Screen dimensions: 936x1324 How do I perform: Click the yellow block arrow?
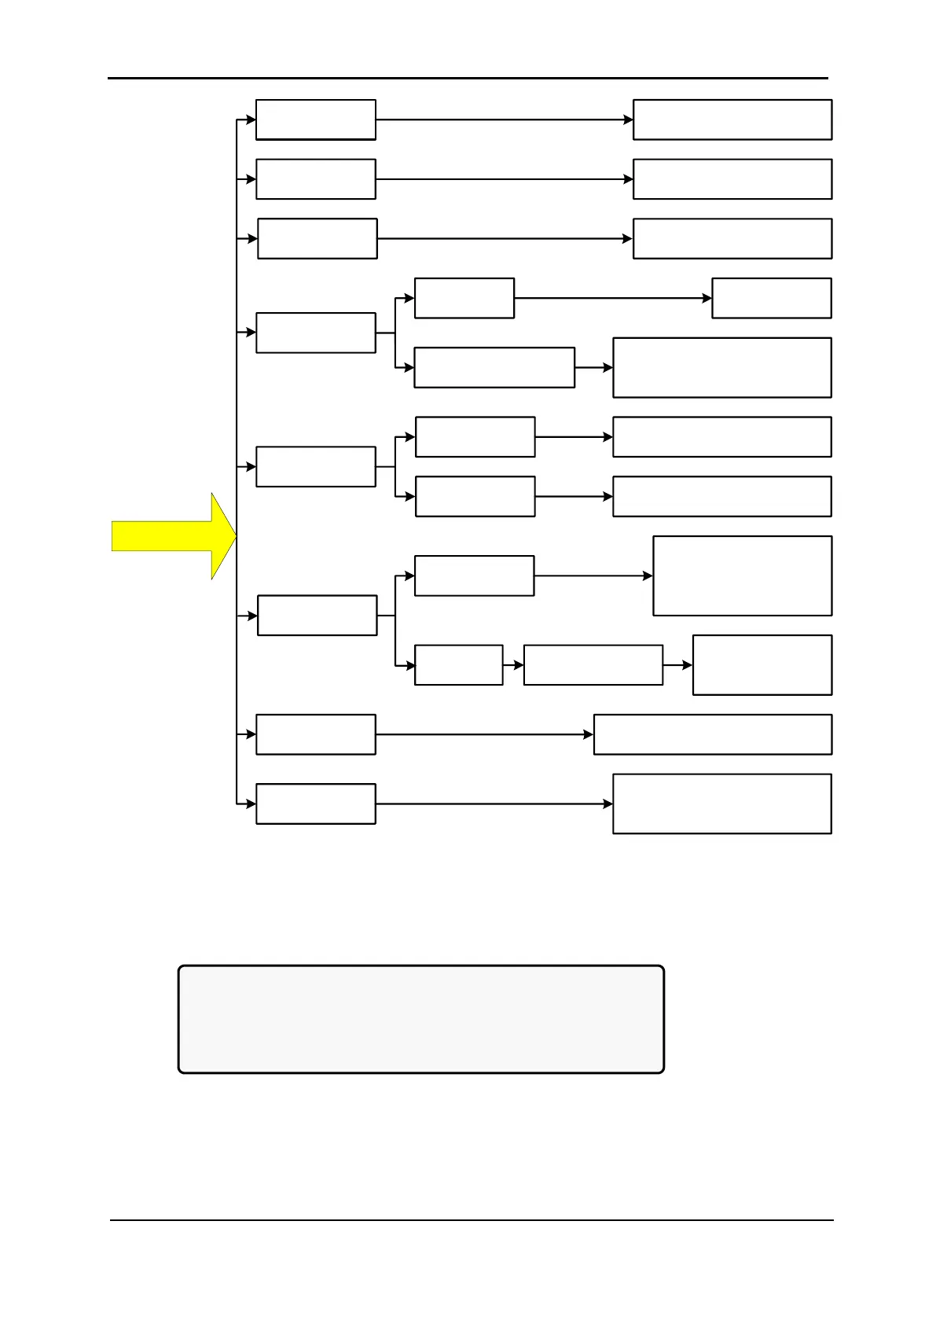pos(169,535)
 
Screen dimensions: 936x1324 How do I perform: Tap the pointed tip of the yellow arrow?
pos(235,535)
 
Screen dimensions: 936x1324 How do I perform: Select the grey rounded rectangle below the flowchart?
pos(421,1019)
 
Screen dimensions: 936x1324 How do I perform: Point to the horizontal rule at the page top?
pos(468,78)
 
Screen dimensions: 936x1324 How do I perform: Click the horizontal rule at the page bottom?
pos(472,1220)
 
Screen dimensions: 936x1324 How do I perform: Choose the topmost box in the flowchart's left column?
pos(316,120)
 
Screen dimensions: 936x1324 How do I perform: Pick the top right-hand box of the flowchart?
pos(732,120)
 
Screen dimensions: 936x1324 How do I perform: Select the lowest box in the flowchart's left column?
pos(316,804)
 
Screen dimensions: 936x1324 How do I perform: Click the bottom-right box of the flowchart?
pos(722,804)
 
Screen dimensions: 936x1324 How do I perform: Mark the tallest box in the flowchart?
pos(743,576)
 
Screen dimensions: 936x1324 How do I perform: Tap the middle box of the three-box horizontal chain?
pos(593,665)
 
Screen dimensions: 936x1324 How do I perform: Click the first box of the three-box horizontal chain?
pos(459,665)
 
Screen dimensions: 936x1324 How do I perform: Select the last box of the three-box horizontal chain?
pos(762,665)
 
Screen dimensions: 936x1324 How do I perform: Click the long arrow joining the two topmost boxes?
pos(504,120)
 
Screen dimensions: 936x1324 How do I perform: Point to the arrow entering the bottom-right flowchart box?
pos(494,804)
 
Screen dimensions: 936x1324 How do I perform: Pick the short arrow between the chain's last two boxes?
pos(677,665)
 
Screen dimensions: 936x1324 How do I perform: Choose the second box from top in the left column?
pos(316,179)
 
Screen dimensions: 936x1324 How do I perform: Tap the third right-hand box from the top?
pos(732,238)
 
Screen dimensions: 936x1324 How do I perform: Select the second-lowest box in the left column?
pos(316,734)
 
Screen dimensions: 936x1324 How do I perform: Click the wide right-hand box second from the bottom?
pos(713,734)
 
